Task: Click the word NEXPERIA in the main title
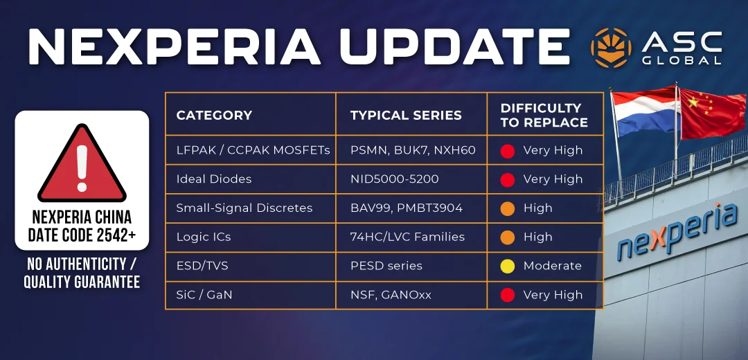coord(174,46)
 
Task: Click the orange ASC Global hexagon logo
coord(611,47)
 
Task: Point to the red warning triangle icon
coord(82,163)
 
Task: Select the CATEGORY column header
coord(214,115)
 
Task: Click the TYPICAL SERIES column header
coord(406,115)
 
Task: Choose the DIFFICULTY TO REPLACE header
coord(544,115)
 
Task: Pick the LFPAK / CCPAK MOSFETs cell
coord(253,150)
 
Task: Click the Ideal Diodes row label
coord(214,179)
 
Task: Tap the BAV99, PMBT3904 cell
coord(406,208)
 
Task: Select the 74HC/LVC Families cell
coord(407,237)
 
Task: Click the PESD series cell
coord(386,266)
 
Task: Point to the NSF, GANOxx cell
coord(391,295)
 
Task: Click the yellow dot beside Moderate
coord(508,266)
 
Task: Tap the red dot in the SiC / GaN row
coord(508,295)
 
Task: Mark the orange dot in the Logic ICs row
coord(508,237)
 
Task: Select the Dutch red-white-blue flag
coord(645,112)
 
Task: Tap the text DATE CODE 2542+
coord(82,235)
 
